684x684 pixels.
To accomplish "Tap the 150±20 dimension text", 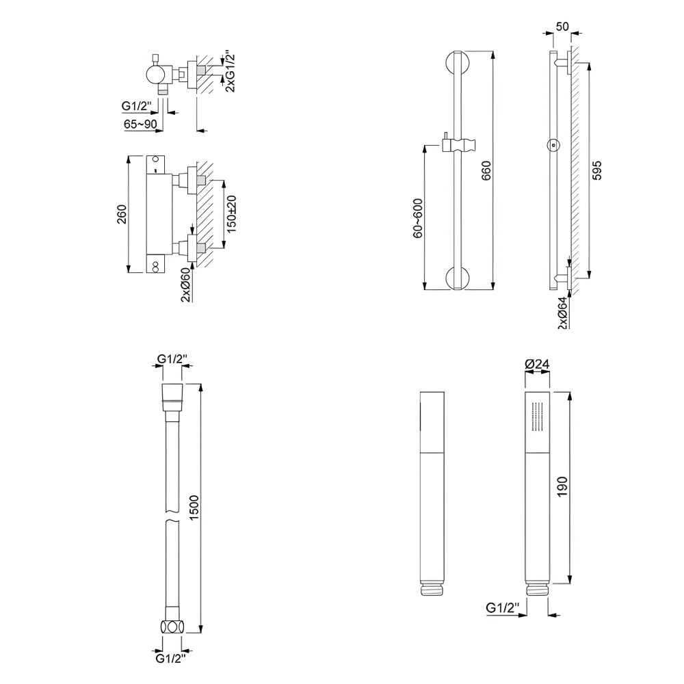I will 232,213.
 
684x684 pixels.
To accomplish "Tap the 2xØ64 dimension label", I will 562,313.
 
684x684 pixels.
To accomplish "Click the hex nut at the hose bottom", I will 172,626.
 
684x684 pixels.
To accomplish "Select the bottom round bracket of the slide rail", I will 456,279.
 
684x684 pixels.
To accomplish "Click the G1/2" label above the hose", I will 172,358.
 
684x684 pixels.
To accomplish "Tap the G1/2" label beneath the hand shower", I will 503,607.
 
